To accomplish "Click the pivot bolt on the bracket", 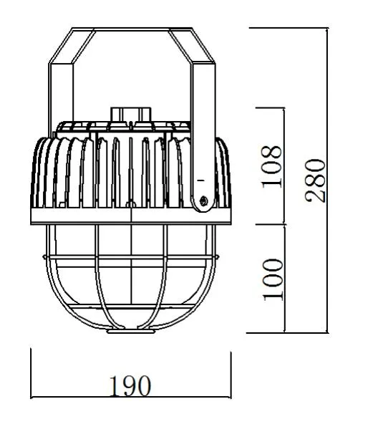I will pyautogui.click(x=204, y=203).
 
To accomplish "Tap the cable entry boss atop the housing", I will pyautogui.click(x=131, y=115).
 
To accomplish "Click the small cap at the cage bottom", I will pyautogui.click(x=132, y=332).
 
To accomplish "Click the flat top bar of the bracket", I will pyautogui.click(x=132, y=29).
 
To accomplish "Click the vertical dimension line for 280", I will pyautogui.click(x=326, y=179).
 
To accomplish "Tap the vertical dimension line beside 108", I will pyautogui.click(x=286, y=165).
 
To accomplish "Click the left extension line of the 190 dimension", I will pyautogui.click(x=32, y=372).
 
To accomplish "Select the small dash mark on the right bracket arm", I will pyautogui.click(x=202, y=175).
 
